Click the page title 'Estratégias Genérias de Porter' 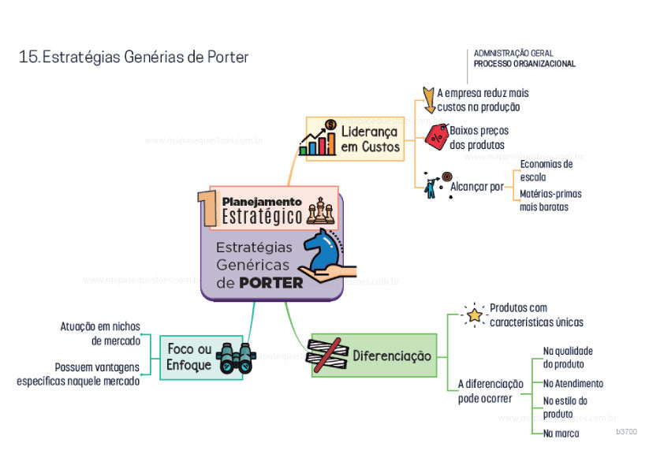[x=133, y=58]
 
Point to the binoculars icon [x=235, y=358]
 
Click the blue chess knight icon [x=323, y=250]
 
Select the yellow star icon [x=474, y=315]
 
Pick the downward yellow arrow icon [x=428, y=99]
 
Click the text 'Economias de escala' [x=546, y=170]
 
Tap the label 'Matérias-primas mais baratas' [x=550, y=200]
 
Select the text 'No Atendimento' [x=573, y=384]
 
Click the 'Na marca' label [x=561, y=434]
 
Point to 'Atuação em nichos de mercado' [x=100, y=333]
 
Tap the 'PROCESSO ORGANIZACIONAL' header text [x=524, y=64]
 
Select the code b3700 [x=626, y=432]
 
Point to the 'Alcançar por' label [x=476, y=187]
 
